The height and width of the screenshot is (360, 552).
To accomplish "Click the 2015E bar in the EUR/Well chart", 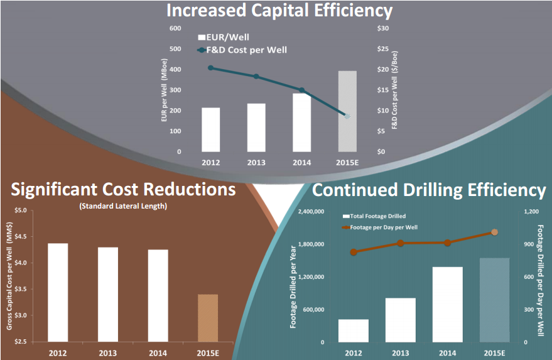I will [x=347, y=111].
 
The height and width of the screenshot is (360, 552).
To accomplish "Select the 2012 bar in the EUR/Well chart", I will [x=211, y=130].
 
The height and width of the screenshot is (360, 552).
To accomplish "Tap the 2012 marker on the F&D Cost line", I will [x=211, y=68].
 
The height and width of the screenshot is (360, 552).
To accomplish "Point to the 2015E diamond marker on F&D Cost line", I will [x=347, y=116].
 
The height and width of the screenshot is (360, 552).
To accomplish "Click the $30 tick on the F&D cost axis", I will [x=382, y=28].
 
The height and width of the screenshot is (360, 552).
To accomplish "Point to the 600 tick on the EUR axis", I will [x=175, y=28].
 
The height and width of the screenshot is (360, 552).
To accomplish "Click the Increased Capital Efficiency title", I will [x=279, y=11].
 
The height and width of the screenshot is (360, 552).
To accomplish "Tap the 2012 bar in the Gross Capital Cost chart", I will [x=58, y=292].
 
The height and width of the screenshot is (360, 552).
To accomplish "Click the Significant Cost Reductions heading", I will [x=123, y=189].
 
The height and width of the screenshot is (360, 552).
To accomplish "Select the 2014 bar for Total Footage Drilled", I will [x=447, y=305].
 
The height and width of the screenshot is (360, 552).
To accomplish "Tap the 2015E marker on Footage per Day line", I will [x=494, y=232].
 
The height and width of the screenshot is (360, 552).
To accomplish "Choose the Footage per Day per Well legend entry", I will [x=383, y=227].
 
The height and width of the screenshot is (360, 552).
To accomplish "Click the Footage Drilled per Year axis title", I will [x=293, y=277].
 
